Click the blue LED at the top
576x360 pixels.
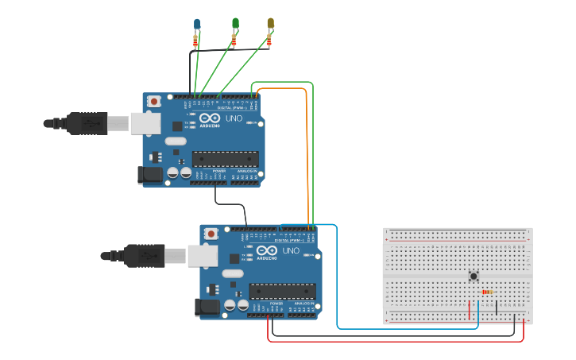pyautogui.click(x=197, y=24)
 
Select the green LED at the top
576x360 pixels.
pyautogui.click(x=235, y=23)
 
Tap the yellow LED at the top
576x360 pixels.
pyautogui.click(x=270, y=23)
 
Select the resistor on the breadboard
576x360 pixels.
pyautogui.click(x=487, y=292)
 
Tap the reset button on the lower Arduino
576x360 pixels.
pyautogui.click(x=211, y=234)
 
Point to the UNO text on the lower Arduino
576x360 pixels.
pyautogui.click(x=292, y=251)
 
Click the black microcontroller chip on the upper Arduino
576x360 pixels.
pyautogui.click(x=225, y=159)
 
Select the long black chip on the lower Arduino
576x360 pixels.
pyautogui.click(x=282, y=292)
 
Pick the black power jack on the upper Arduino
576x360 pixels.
pyautogui.click(x=149, y=176)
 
